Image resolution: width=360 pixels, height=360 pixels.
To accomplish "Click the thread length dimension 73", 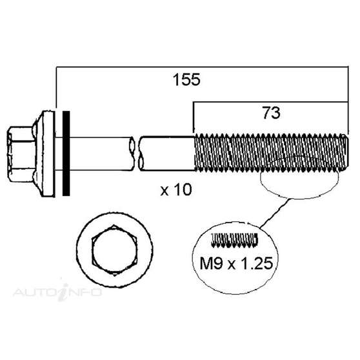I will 272,114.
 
